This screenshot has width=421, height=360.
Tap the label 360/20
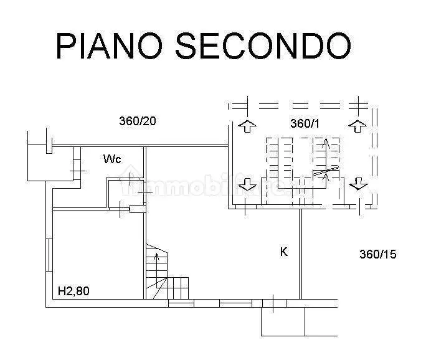coord(137,121)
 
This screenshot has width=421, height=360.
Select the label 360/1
coord(305,124)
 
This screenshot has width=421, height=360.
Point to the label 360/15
coord(378,254)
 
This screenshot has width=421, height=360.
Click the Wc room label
coord(112,159)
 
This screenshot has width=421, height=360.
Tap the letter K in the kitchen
coord(283,252)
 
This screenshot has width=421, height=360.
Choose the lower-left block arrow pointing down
coord(247,184)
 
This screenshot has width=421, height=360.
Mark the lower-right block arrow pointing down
coord(357,183)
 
